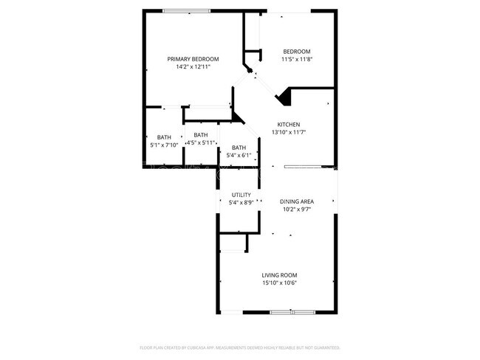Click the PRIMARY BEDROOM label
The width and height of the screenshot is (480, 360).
(x=193, y=59)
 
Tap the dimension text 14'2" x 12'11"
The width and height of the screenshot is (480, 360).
(x=193, y=67)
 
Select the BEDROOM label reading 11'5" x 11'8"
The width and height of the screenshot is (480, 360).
(x=297, y=52)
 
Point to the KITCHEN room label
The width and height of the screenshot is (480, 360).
(x=288, y=124)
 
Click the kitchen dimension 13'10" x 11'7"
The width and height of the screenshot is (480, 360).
(x=288, y=132)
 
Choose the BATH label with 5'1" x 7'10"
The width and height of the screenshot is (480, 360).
(x=164, y=136)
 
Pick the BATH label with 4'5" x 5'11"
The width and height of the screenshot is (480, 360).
(x=200, y=135)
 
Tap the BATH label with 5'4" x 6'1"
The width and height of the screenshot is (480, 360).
(x=239, y=148)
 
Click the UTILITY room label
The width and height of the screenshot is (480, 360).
(x=241, y=195)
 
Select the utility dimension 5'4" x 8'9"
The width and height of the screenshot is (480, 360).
(x=241, y=202)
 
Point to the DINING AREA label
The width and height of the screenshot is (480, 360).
(x=297, y=201)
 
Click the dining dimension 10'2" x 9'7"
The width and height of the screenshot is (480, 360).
(x=297, y=209)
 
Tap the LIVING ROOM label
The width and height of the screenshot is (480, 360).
(x=279, y=275)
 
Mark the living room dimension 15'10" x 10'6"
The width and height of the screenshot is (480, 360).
(x=279, y=283)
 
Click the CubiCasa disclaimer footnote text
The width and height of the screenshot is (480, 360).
(x=240, y=347)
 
